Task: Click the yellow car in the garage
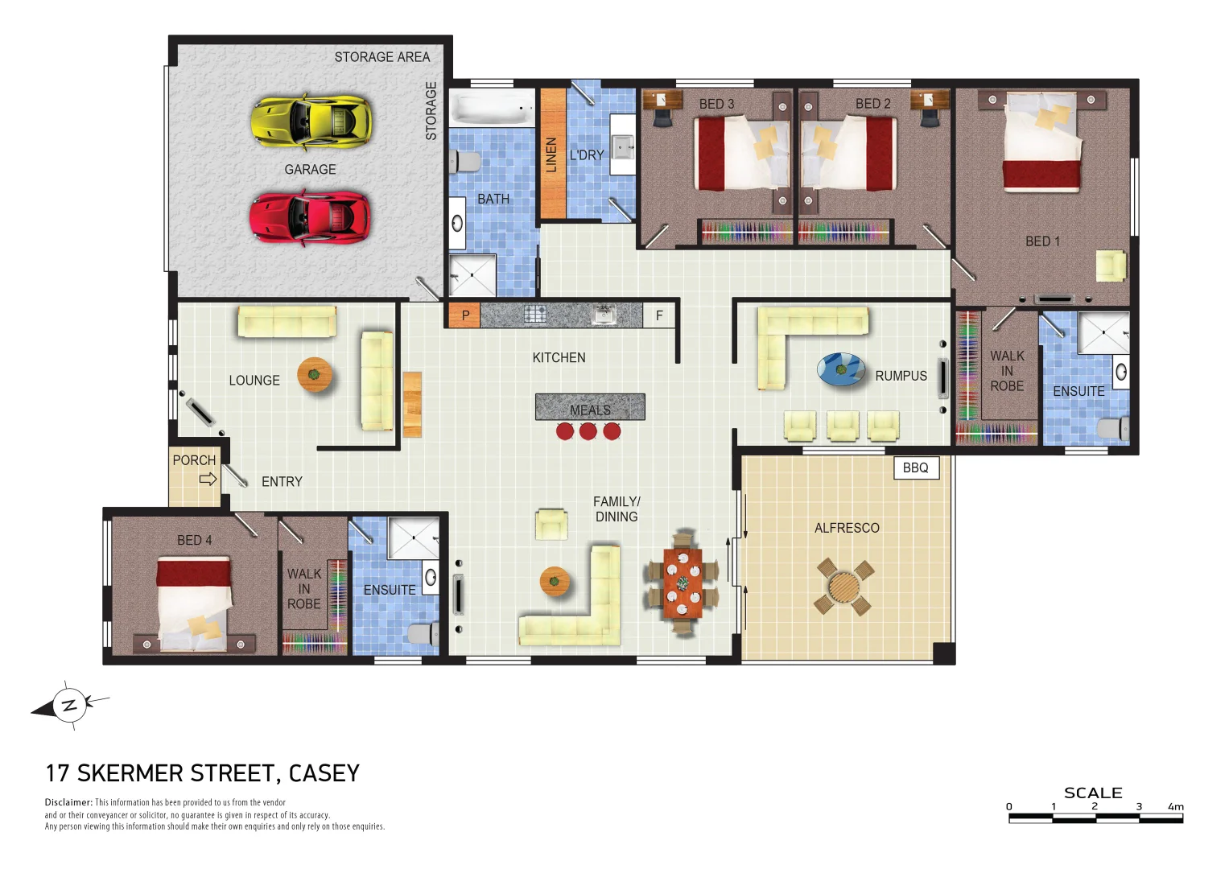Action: (311, 122)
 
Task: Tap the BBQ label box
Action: (916, 467)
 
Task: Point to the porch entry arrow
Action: (208, 479)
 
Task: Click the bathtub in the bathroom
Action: (491, 107)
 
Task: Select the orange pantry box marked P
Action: (464, 315)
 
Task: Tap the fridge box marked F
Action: (659, 315)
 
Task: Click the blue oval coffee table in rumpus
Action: (841, 369)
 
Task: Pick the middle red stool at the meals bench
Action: (588, 431)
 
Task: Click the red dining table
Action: (683, 583)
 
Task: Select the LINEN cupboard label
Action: (552, 154)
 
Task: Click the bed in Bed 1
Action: (1041, 143)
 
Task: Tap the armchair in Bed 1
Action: (1111, 266)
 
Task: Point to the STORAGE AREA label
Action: (381, 57)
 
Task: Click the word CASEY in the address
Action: (324, 773)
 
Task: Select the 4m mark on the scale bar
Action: (1177, 807)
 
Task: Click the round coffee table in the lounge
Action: (315, 374)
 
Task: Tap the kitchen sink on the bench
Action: (604, 315)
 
